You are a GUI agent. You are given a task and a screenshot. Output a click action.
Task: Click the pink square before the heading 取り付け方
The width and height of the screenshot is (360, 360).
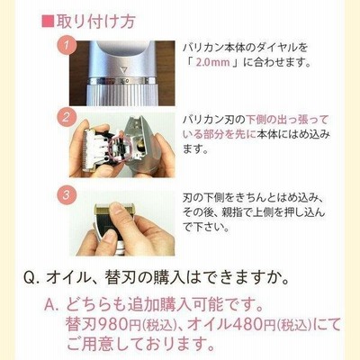click(x=48, y=22)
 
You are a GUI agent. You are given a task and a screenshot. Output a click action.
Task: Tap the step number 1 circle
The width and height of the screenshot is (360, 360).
click(x=67, y=46)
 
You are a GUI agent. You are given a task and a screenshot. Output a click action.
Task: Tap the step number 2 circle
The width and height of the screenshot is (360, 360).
click(x=66, y=117)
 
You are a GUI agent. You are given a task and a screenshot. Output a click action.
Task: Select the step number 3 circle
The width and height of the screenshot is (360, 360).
click(x=66, y=194)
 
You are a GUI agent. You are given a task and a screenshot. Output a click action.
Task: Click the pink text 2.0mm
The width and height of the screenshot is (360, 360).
click(x=212, y=62)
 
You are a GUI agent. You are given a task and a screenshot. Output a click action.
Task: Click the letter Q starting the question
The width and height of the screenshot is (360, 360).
click(x=29, y=279)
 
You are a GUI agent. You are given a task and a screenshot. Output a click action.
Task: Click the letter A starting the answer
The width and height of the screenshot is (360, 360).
click(x=49, y=305)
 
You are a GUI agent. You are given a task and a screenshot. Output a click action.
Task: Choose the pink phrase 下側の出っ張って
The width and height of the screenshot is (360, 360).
click(x=287, y=120)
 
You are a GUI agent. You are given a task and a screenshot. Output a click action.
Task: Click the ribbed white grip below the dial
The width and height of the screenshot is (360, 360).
click(x=121, y=94)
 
